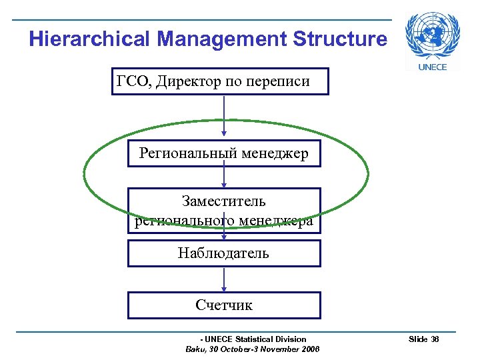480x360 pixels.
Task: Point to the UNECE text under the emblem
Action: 432,67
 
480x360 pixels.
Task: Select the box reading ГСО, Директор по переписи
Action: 220,82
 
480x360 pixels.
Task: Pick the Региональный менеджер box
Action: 224,154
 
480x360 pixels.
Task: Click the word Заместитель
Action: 224,201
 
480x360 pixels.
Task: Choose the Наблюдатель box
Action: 224,253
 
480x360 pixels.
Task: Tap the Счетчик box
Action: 224,305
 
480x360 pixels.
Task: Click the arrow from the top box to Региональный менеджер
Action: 224,117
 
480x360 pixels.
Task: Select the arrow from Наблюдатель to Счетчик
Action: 224,279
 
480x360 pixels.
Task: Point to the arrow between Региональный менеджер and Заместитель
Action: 224,178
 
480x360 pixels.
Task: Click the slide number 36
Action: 435,340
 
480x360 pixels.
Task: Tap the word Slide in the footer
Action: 418,340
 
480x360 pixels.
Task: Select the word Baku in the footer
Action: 195,349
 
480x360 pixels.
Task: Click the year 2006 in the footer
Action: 309,349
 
